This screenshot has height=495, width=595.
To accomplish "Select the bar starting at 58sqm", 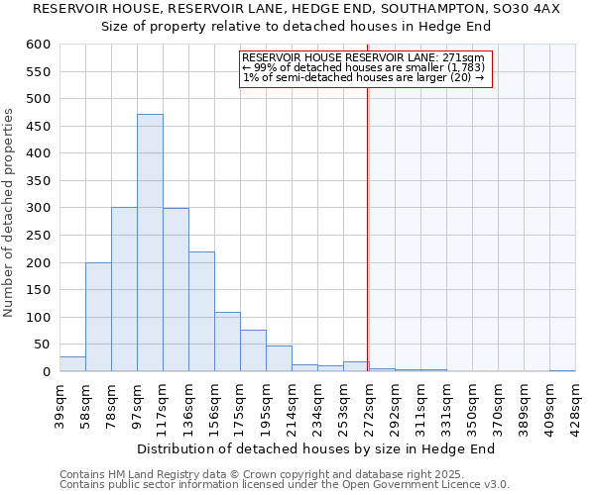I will tap(98, 317).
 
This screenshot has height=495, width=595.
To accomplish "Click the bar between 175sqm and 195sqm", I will tap(253, 351).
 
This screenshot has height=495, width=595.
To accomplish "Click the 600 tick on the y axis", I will tap(38, 45).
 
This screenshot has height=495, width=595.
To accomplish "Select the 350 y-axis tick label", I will tap(38, 181).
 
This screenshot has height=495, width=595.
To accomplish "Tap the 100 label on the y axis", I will tap(38, 318).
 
